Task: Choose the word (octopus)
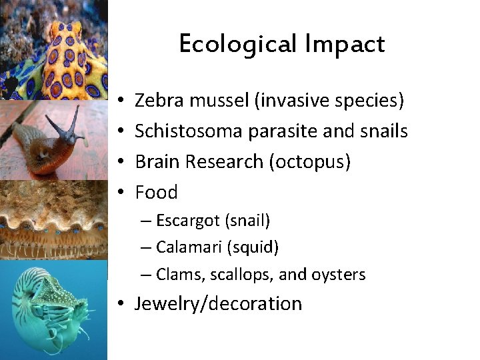[310, 162]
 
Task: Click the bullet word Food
[156, 193]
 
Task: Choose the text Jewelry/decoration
[218, 304]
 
